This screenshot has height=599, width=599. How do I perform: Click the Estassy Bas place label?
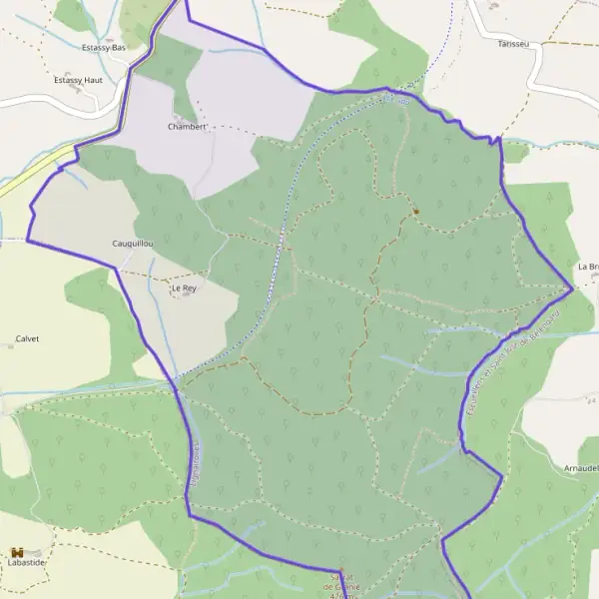103,47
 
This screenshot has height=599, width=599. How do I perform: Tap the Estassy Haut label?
85,79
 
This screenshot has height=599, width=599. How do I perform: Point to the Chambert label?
188,127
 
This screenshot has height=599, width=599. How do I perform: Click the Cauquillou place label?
134,243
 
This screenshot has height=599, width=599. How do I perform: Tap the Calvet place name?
27,338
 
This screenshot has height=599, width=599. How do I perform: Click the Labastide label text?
27,562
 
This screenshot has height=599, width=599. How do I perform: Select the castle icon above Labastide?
17,551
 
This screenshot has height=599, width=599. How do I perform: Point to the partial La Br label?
587,267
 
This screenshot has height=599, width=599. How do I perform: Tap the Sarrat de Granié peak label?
342,582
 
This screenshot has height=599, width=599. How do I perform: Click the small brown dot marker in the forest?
415,211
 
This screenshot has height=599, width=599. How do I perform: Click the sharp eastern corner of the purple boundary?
571,290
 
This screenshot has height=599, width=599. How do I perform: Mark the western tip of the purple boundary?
26,241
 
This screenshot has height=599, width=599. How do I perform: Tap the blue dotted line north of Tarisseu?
450,20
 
